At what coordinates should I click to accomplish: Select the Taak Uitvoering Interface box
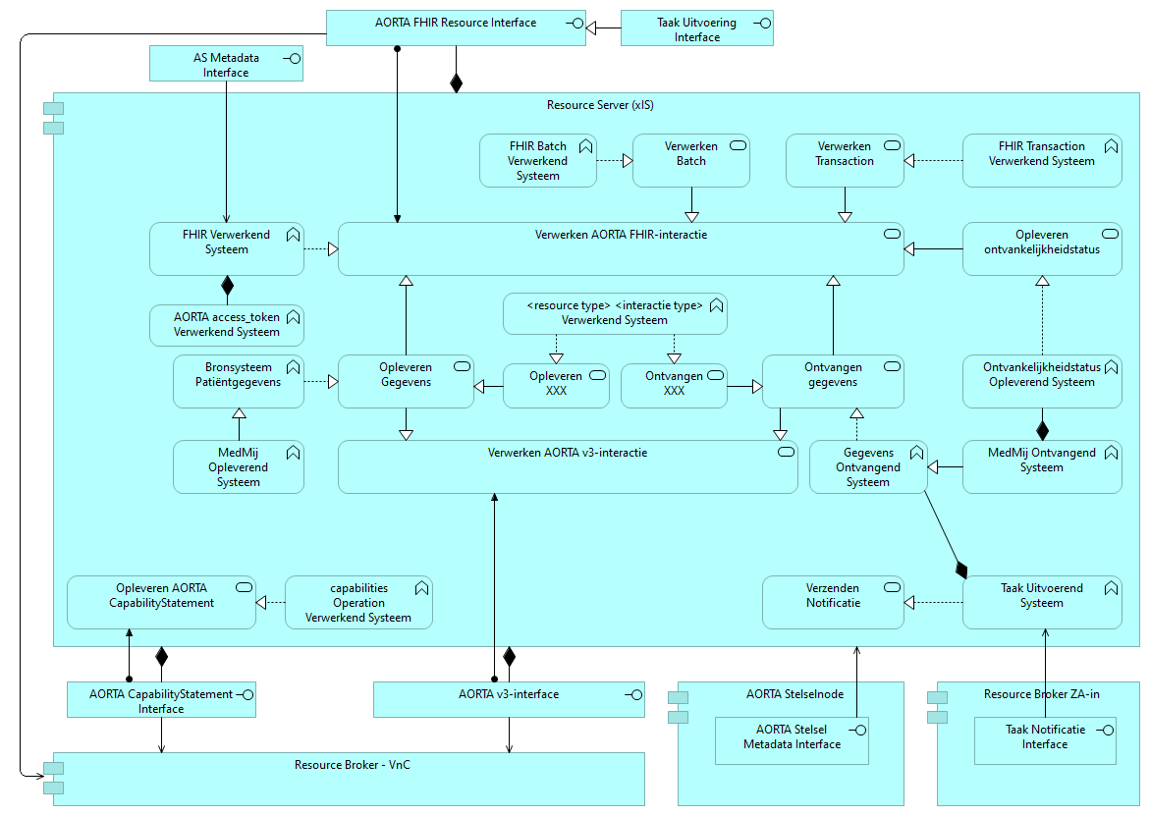(697, 29)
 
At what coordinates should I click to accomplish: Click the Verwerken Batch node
(690, 160)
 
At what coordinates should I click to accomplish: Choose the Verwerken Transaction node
(844, 160)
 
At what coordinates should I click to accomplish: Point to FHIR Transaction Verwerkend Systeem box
(1041, 160)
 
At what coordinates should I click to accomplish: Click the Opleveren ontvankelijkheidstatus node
(1041, 248)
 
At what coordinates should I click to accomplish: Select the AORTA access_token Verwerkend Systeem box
(227, 325)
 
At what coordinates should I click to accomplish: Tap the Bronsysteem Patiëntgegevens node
(239, 381)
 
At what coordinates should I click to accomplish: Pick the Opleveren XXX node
(556, 386)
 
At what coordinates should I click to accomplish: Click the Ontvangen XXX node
(674, 386)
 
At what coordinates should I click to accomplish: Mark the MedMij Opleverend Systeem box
(239, 466)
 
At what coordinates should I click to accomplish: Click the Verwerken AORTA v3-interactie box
(568, 466)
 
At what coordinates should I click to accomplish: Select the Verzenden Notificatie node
(833, 602)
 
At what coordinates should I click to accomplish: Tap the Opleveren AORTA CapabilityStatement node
(161, 602)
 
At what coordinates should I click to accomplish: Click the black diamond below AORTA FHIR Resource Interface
(456, 82)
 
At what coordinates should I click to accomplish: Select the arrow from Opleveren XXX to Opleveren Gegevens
(488, 387)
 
